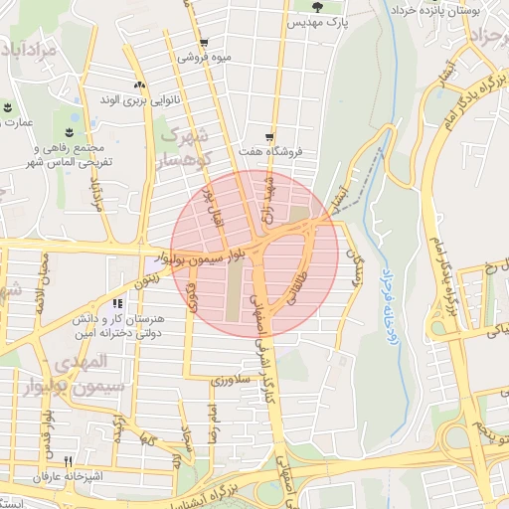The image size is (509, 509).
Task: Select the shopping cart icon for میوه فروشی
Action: click(x=204, y=43)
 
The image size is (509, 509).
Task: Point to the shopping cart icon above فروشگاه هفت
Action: click(x=269, y=137)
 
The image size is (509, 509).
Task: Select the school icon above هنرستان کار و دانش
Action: click(x=117, y=304)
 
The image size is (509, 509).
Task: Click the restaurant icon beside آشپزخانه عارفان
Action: click(x=69, y=461)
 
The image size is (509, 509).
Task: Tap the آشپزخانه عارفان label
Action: click(x=69, y=477)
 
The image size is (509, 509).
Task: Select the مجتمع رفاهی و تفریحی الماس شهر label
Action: click(x=69, y=155)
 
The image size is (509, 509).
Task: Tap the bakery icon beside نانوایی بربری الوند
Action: click(x=139, y=85)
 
